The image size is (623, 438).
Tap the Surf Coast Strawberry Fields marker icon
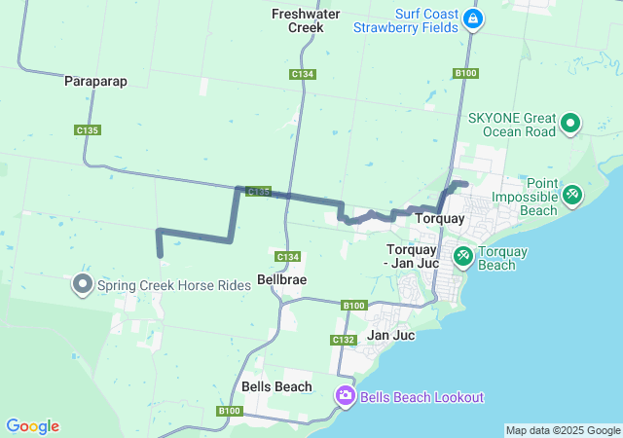pyautogui.click(x=473, y=19)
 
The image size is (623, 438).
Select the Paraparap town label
pyautogui.click(x=96, y=81)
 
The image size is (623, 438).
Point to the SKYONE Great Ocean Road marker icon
pyautogui.click(x=569, y=125)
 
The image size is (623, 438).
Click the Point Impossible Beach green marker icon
pyautogui.click(x=571, y=195)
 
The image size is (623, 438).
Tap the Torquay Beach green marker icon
pyautogui.click(x=462, y=257)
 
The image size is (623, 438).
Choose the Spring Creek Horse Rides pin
pyautogui.click(x=83, y=284)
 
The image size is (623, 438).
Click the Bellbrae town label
pyautogui.click(x=281, y=279)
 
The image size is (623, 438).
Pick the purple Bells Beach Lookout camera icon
pyautogui.click(x=345, y=396)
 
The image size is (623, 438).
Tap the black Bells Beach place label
pyautogui.click(x=276, y=386)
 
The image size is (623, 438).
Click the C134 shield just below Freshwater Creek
pyautogui.click(x=302, y=74)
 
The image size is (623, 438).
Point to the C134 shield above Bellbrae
pyautogui.click(x=286, y=256)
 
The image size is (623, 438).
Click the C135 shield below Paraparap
pyautogui.click(x=88, y=129)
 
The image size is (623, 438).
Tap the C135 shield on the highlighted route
pyautogui.click(x=258, y=193)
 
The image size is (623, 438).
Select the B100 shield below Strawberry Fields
pyautogui.click(x=465, y=73)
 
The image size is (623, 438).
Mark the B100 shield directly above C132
pyautogui.click(x=353, y=306)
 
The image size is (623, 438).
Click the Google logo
pyautogui.click(x=33, y=426)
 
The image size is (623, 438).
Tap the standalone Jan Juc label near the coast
pyautogui.click(x=391, y=335)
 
